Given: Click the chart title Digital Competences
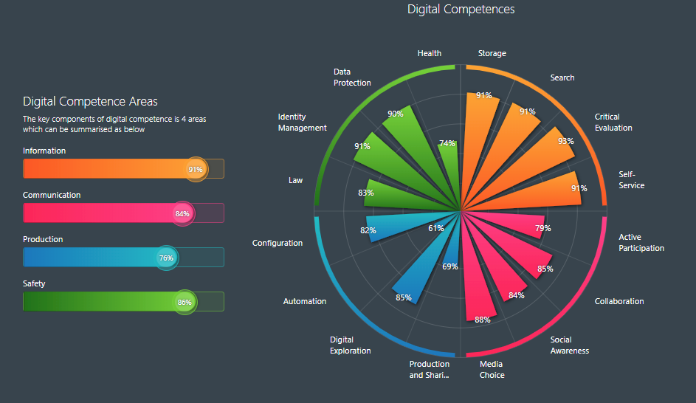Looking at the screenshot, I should (461, 10).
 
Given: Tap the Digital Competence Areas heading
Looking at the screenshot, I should (90, 102).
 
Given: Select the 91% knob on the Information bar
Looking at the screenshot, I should (196, 169).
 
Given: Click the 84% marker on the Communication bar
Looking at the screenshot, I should (182, 213).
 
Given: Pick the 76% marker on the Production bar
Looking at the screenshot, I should (166, 258).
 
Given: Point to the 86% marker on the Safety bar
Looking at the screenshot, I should (185, 302).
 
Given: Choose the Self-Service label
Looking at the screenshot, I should (631, 180).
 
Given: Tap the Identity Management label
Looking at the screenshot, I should (302, 123).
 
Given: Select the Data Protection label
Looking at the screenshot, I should (352, 77).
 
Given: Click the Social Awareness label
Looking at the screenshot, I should (569, 345).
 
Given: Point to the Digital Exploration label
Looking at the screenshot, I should (350, 345).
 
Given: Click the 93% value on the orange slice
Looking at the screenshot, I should (565, 141).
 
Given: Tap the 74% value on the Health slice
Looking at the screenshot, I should (447, 143).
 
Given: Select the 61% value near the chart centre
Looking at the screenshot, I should (435, 228).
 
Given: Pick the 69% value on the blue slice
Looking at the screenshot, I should (450, 266).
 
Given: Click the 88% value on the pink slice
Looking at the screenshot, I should (482, 320).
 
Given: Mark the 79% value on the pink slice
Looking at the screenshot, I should (542, 228).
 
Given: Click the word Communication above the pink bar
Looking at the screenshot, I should (52, 195).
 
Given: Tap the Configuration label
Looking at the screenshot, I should (277, 243).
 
